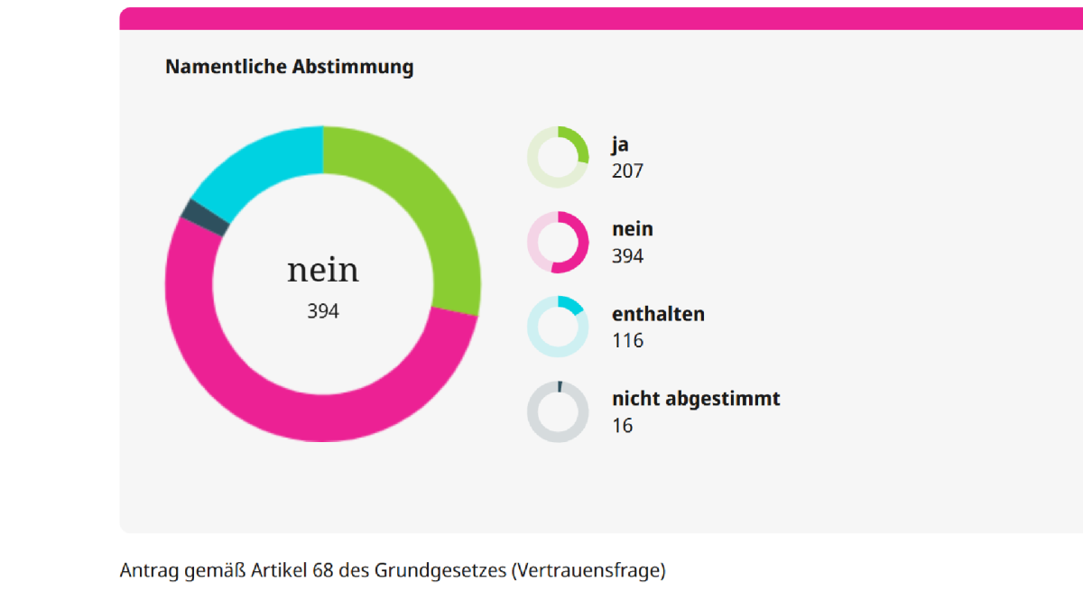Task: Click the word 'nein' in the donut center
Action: [322, 270]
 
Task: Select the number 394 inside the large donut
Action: [322, 311]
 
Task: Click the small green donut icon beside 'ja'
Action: [558, 157]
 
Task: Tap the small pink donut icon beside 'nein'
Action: [558, 242]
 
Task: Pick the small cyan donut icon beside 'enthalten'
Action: [558, 327]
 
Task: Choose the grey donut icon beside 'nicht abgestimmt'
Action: [558, 411]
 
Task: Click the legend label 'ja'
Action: [620, 144]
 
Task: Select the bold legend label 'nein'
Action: [633, 229]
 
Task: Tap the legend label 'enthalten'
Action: [658, 314]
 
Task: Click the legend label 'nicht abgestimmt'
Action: [696, 399]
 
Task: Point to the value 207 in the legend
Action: [627, 171]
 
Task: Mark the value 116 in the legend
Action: [627, 340]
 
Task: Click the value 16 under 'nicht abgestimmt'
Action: [622, 425]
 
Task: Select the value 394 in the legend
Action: [627, 255]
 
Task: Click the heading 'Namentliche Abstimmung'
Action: [289, 67]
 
